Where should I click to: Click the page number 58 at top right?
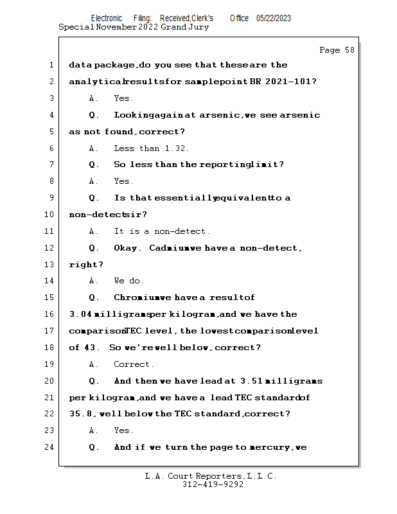click(349, 50)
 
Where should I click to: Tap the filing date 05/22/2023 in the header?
click(274, 19)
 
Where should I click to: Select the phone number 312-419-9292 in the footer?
click(213, 484)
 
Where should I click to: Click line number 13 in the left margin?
click(49, 264)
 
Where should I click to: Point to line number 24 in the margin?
click(49, 447)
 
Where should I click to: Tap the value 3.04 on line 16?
click(80, 314)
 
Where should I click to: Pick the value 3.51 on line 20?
click(251, 381)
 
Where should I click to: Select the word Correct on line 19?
click(132, 364)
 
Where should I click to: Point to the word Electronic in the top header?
click(107, 19)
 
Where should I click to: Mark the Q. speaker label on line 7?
click(93, 164)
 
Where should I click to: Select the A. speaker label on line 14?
click(93, 281)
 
